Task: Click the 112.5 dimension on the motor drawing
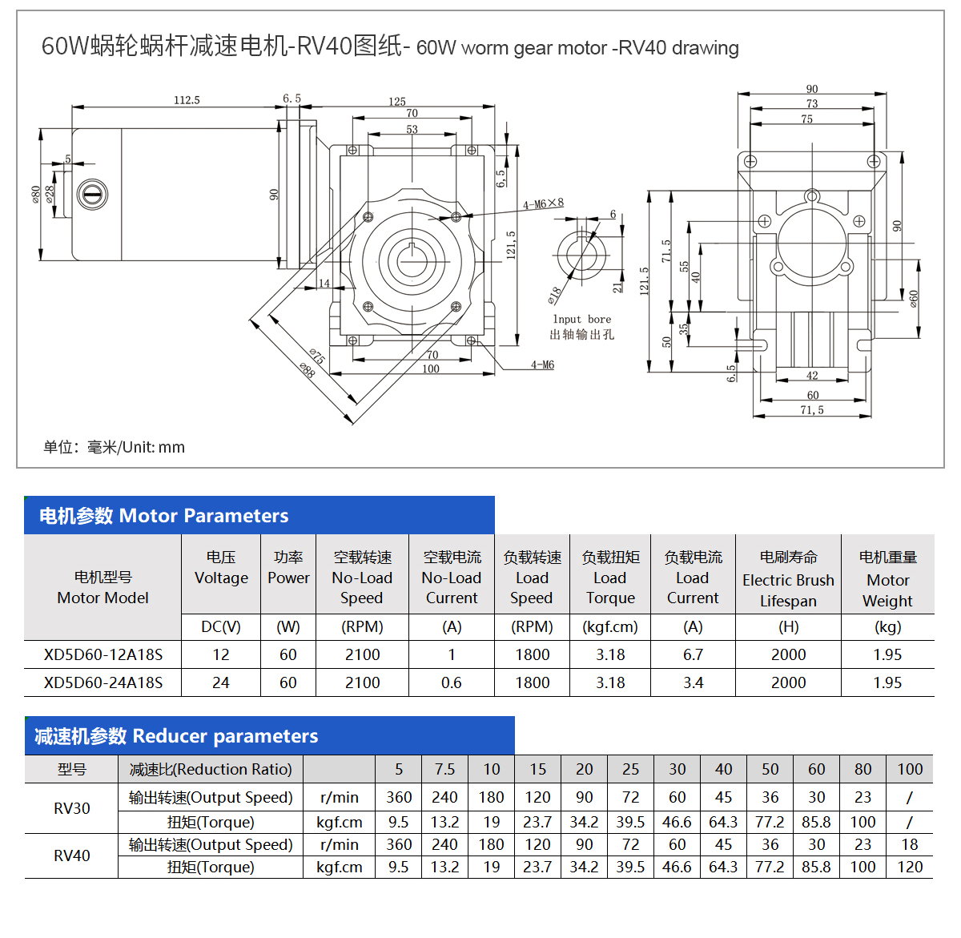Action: pyautogui.click(x=187, y=100)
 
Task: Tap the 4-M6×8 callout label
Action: pyautogui.click(x=544, y=204)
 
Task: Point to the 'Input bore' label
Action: pyautogui.click(x=581, y=319)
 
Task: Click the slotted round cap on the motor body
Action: pyautogui.click(x=93, y=194)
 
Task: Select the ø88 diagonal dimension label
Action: pyautogui.click(x=308, y=370)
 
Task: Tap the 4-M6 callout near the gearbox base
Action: pyautogui.click(x=542, y=365)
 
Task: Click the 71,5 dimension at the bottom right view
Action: pyautogui.click(x=812, y=410)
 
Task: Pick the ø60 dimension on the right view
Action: pyautogui.click(x=914, y=300)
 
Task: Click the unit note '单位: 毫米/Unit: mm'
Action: pyautogui.click(x=114, y=447)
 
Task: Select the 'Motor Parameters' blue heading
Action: pyautogui.click(x=163, y=516)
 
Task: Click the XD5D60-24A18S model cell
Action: pyautogui.click(x=103, y=682)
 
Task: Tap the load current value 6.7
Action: pyautogui.click(x=693, y=654)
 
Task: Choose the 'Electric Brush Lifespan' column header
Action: pyautogui.click(x=788, y=579)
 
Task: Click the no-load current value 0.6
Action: pyautogui.click(x=452, y=682)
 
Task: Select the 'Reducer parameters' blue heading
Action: pyautogui.click(x=176, y=736)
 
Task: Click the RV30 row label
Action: pyautogui.click(x=71, y=808)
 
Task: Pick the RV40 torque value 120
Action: pyautogui.click(x=910, y=867)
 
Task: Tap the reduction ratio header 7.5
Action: pyautogui.click(x=444, y=769)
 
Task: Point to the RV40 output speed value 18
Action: pyautogui.click(x=910, y=844)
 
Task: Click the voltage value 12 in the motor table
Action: pyautogui.click(x=221, y=654)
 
